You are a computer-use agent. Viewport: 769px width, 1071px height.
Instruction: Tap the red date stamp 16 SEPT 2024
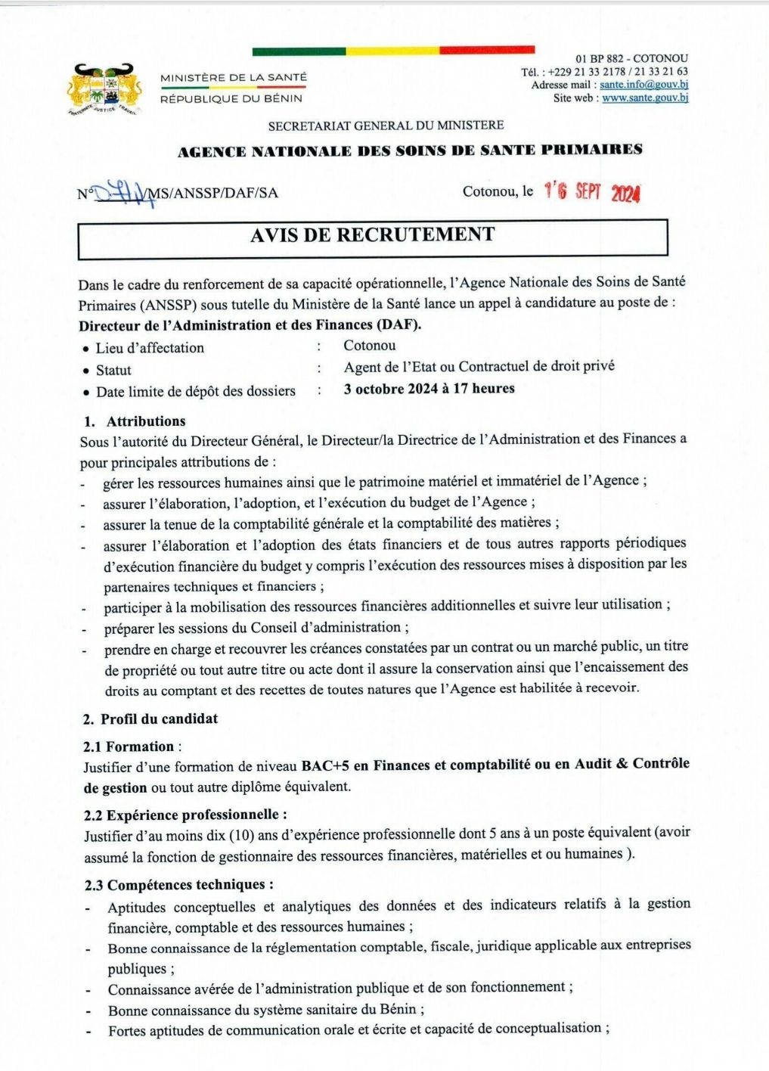click(x=592, y=192)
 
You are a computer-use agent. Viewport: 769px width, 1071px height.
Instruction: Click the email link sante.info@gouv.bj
click(x=643, y=85)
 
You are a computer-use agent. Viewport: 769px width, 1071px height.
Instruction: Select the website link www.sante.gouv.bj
click(x=645, y=98)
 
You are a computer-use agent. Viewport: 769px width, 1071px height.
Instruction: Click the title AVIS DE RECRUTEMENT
click(x=373, y=235)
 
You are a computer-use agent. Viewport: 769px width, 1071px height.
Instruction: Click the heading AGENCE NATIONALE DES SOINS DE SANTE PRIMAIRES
click(x=410, y=150)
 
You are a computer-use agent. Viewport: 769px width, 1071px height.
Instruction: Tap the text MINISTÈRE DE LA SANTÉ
click(x=234, y=77)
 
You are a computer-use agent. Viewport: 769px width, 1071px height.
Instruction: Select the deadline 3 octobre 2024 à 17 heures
click(x=429, y=389)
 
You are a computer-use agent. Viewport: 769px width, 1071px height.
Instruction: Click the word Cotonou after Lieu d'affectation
click(x=370, y=346)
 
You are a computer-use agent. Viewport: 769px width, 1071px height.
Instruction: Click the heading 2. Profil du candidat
click(x=150, y=719)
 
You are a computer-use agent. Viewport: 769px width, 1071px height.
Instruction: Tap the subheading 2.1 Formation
click(x=129, y=747)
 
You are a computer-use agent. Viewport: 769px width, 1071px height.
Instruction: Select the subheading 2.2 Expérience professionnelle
click(x=185, y=815)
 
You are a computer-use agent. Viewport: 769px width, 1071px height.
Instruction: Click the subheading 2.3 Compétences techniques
click(x=178, y=884)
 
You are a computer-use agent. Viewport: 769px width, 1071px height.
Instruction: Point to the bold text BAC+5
click(x=325, y=765)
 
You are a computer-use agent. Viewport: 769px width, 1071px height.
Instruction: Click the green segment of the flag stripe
click(x=299, y=51)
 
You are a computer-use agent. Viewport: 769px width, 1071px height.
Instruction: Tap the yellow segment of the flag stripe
click(x=392, y=51)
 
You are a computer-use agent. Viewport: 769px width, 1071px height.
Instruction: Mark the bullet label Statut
click(x=113, y=370)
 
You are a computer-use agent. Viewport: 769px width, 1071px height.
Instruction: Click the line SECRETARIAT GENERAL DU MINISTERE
click(x=386, y=126)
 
